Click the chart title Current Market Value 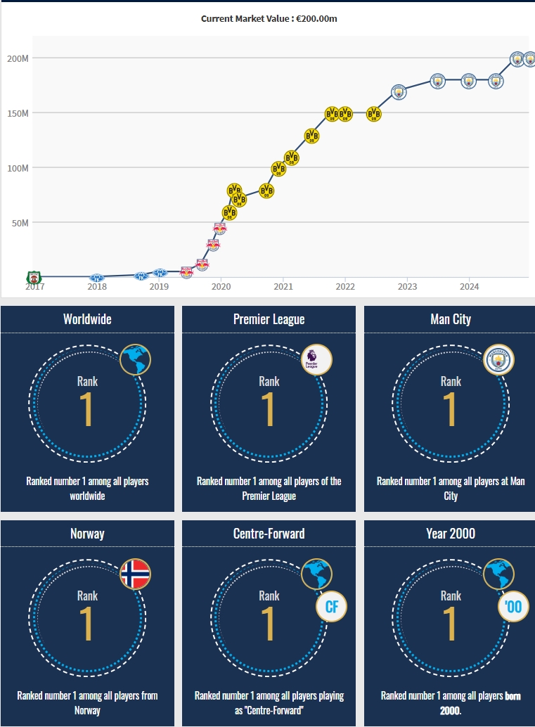[x=269, y=18]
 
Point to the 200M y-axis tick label [x=18, y=58]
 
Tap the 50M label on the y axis [x=19, y=223]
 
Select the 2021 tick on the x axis [x=283, y=287]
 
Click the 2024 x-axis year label [x=469, y=287]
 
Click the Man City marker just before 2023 [x=399, y=92]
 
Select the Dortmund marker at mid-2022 [x=374, y=114]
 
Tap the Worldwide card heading [x=87, y=319]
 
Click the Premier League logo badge [x=316, y=359]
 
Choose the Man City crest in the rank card [x=499, y=359]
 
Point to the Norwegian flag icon [x=135, y=574]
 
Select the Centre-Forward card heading [x=269, y=534]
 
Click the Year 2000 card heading [x=451, y=534]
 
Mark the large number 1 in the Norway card [x=87, y=623]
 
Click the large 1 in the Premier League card [x=269, y=408]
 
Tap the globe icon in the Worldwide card [x=135, y=359]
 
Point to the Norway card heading [x=87, y=534]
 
